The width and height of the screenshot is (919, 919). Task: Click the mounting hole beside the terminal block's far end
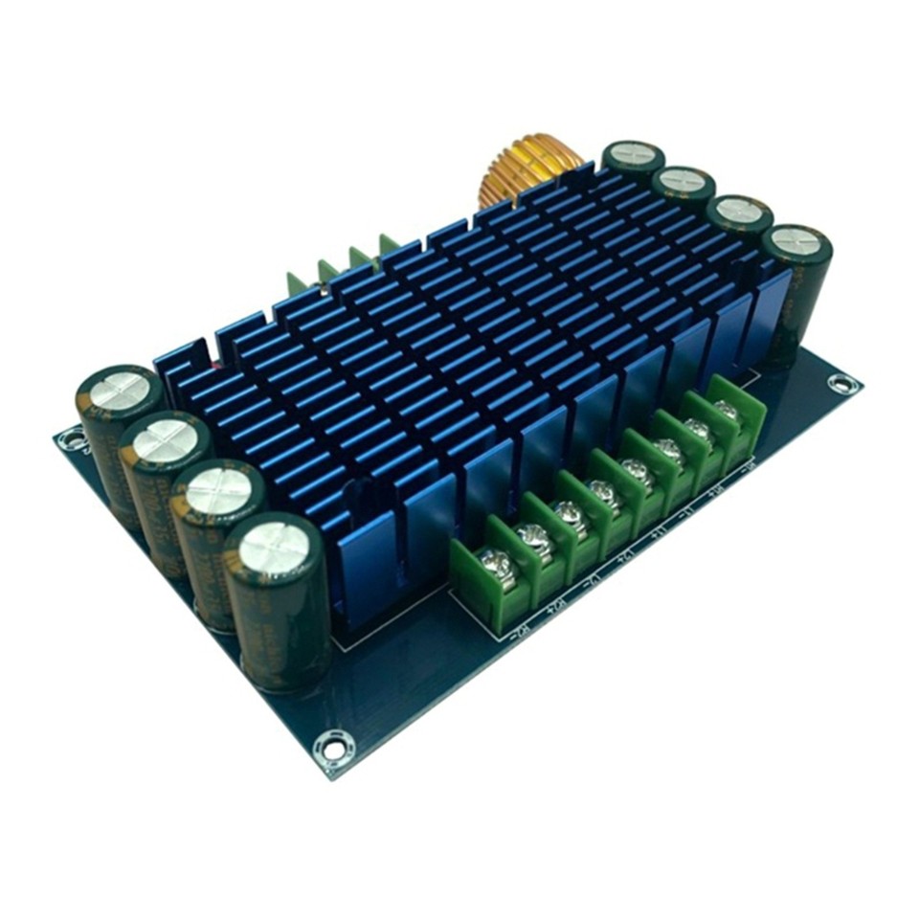[840, 385]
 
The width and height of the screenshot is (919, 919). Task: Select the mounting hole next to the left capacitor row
[70, 440]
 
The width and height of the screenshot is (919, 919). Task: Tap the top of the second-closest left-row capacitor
[220, 491]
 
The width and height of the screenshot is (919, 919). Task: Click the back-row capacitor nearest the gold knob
[633, 153]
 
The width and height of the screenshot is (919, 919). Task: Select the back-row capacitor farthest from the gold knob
[796, 240]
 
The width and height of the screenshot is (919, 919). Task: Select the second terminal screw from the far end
[699, 430]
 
